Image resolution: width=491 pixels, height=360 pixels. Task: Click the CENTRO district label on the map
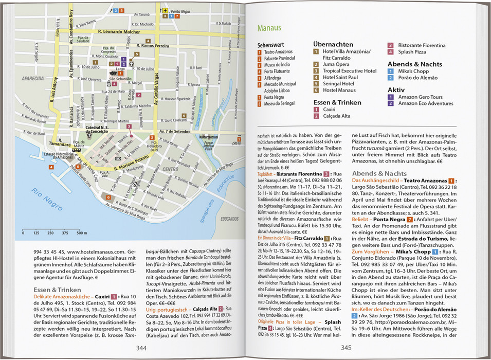[170, 168]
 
